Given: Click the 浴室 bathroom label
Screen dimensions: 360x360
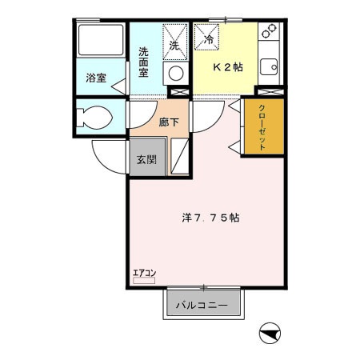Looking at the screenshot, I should click(x=95, y=78).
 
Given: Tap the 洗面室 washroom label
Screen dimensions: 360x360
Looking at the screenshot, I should click(x=144, y=62).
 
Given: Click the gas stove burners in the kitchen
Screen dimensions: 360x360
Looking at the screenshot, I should click(x=270, y=34).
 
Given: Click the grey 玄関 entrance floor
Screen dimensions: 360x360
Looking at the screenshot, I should click(x=146, y=164).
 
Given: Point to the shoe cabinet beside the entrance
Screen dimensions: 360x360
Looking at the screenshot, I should click(x=182, y=157).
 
